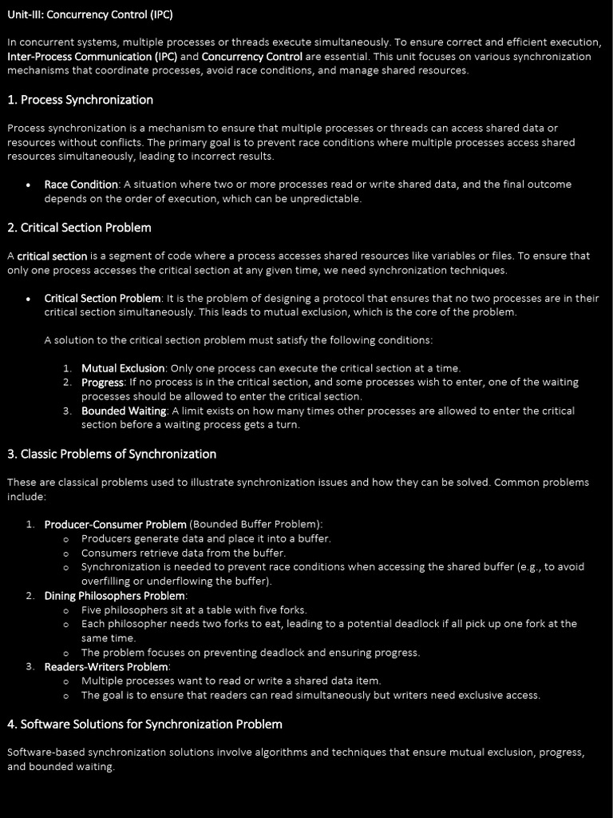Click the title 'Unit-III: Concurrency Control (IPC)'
pos(89,14)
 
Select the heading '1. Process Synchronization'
pos(80,100)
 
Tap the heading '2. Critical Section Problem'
pos(79,228)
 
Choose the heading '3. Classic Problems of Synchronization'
pos(112,454)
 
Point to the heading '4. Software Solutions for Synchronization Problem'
pos(144,724)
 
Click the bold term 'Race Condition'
pos(81,185)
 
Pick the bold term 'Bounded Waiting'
pos(124,411)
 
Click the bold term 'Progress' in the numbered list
pos(102,383)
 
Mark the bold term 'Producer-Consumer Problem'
pos(115,525)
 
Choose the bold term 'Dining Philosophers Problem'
pos(114,596)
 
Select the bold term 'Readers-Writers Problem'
pos(106,667)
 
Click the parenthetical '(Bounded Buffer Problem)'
pos(255,525)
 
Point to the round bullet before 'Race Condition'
pos(29,185)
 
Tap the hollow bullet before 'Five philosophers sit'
pos(65,610)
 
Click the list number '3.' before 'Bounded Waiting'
pos(68,411)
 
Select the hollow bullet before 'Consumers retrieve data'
pos(65,554)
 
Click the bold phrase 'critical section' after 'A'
pos(52,256)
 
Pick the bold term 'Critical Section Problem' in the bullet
pos(102,299)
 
